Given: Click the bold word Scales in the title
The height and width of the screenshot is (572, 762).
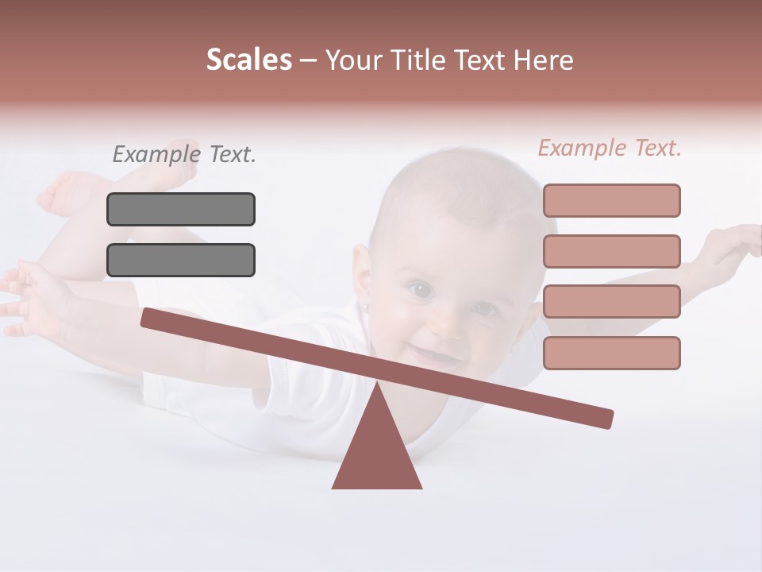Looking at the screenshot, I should coord(248,60).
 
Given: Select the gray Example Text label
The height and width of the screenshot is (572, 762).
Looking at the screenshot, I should coord(184,154).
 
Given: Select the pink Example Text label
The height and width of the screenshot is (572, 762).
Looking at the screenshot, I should coord(610,148).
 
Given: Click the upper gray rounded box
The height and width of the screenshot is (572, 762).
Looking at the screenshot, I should coord(181,209).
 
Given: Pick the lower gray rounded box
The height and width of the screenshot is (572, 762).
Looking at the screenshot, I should coord(181,260).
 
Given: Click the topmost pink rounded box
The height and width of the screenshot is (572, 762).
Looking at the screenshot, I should coord(611,200).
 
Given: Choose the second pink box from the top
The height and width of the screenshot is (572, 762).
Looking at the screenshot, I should coord(611,251).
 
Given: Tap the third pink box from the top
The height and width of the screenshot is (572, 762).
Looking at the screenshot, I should coord(611,302).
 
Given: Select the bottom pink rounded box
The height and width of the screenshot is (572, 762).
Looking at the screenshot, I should coord(611,353).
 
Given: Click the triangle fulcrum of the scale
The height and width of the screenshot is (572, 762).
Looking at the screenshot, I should coord(376,449).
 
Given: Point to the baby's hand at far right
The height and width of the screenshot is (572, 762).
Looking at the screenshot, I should coord(734,242).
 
